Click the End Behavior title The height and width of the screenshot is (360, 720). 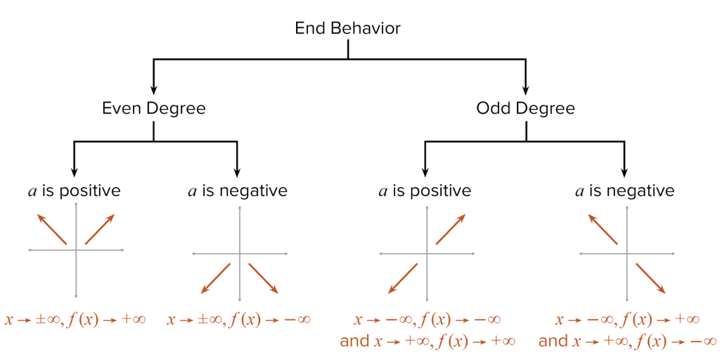tap(347, 29)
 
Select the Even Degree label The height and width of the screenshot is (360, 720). tap(154, 108)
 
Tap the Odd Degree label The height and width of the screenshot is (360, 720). tap(525, 108)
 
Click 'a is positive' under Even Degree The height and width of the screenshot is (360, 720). tap(74, 191)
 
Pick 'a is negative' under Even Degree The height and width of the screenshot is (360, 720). tap(238, 191)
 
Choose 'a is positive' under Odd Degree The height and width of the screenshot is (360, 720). tap(424, 191)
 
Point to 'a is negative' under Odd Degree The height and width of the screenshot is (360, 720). tap(624, 191)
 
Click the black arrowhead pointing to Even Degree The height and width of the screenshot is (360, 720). tap(154, 89)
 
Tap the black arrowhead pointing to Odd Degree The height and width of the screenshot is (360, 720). tap(525, 89)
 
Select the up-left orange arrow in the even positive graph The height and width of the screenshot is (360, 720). tap(53, 230)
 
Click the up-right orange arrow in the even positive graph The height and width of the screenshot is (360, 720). tap(99, 230)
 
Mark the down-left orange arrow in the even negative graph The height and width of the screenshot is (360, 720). tap(216, 278)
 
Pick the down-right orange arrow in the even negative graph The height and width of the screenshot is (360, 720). tap(264, 278)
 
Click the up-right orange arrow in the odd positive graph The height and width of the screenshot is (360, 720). tap(450, 230)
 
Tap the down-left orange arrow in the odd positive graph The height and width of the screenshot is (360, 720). tap(403, 278)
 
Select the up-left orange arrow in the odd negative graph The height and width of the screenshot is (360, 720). tap(603, 230)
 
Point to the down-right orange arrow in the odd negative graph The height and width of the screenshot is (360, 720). tap(650, 278)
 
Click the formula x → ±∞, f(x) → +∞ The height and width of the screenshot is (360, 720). tap(75, 320)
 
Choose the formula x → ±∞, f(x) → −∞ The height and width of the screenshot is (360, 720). tap(238, 320)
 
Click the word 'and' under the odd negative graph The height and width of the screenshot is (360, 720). tap(553, 342)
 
